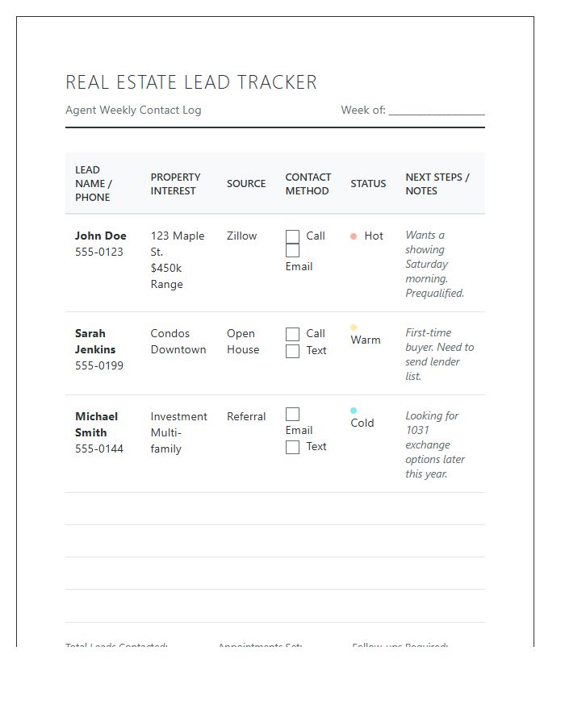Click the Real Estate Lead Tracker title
191,82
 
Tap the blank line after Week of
437,111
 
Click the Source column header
246,184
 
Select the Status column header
368,184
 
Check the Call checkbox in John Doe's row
292,236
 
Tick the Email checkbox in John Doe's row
292,251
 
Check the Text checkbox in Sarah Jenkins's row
292,351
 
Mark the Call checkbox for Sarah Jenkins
292,334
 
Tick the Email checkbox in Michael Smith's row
292,414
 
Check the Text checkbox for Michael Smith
292,447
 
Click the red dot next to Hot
354,236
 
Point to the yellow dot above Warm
354,328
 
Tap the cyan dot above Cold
354,411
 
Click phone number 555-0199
99,365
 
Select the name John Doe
101,236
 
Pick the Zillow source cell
242,236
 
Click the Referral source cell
246,417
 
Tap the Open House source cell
242,341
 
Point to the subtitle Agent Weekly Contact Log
133,111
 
